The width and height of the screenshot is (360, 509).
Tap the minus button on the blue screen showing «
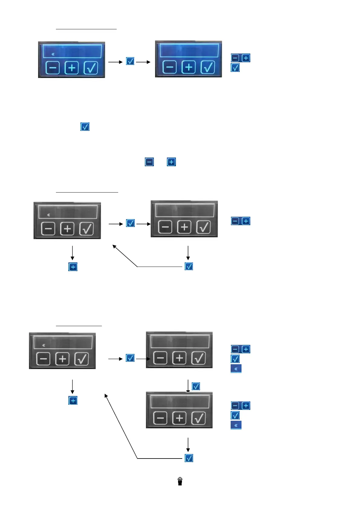(53, 67)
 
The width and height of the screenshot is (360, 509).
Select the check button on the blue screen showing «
(91, 67)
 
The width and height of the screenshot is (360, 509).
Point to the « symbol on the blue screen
(53, 54)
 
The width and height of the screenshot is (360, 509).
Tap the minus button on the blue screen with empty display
(170, 67)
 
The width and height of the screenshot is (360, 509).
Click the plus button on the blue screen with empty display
(189, 67)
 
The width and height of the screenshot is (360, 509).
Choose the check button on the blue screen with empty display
(208, 67)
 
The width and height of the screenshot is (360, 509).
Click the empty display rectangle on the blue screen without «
(189, 50)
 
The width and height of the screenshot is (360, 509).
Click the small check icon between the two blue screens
(130, 61)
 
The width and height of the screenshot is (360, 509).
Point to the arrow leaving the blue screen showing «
(115, 62)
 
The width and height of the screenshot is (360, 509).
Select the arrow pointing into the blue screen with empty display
(143, 62)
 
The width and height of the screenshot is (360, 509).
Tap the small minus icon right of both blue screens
(235, 58)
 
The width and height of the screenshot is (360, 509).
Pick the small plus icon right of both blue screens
(246, 58)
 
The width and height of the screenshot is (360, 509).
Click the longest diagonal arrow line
(121, 426)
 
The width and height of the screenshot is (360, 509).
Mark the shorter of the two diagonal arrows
(125, 256)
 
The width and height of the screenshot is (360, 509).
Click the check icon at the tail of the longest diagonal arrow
(189, 458)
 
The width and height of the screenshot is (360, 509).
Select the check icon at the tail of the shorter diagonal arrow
(189, 266)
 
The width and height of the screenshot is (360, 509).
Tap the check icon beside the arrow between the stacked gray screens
(196, 386)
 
